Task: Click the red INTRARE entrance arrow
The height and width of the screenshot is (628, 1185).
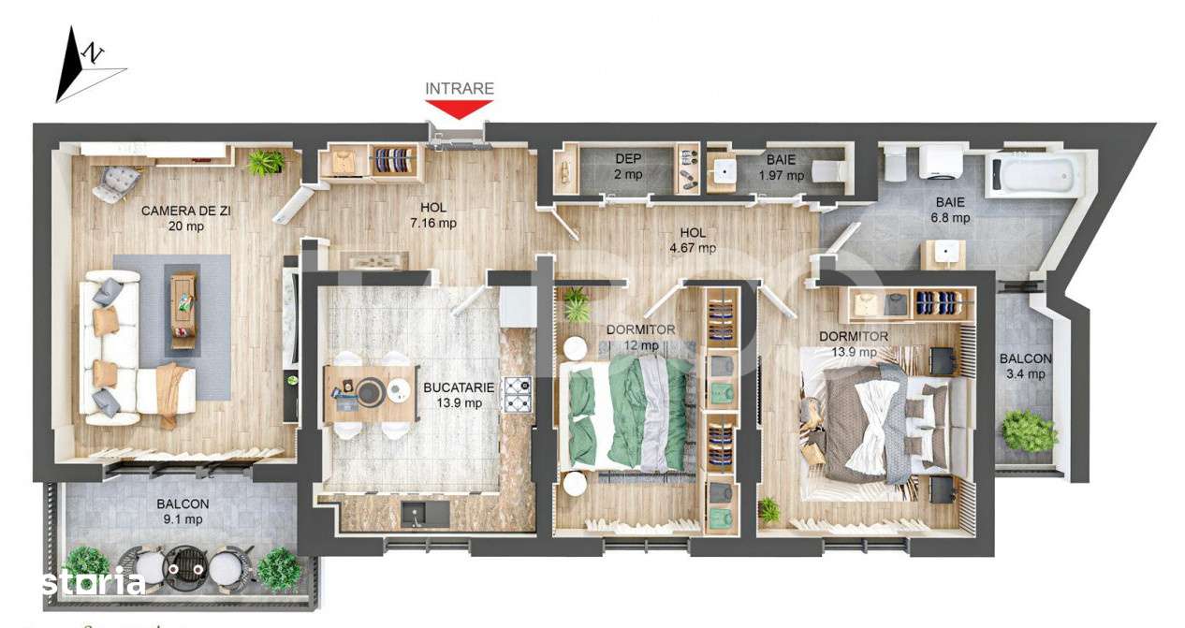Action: tap(459, 109)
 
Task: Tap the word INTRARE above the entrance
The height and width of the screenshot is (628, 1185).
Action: tap(459, 89)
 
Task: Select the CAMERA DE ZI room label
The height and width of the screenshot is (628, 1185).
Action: tap(185, 211)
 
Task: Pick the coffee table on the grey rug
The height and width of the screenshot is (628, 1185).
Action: tap(183, 307)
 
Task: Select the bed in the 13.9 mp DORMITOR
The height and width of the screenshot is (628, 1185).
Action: tap(875, 421)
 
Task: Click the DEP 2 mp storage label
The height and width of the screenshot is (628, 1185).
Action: tap(628, 167)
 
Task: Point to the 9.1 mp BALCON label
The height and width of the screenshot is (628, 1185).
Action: tap(183, 511)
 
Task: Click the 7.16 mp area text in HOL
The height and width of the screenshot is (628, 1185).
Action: tap(433, 223)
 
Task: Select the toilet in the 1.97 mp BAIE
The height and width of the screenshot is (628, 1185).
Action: tap(828, 171)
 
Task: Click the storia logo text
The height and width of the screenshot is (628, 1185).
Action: tap(93, 583)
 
